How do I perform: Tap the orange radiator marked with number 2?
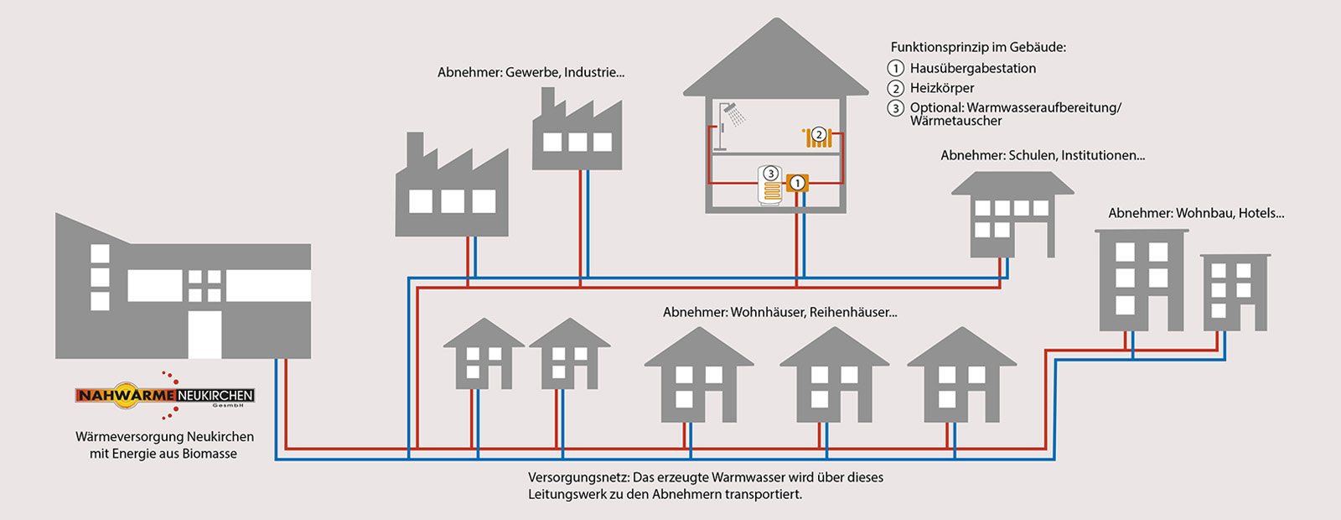point(818,138)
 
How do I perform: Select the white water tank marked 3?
point(771,185)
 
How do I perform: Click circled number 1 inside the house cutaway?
point(798,182)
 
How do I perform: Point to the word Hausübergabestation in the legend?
point(972,69)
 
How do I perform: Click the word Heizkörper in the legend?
point(942,88)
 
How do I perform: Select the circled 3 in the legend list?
point(896,108)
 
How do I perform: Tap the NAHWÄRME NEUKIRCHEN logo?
point(165,395)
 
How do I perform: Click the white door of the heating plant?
point(205,334)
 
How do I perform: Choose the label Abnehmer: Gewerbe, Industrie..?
point(531,73)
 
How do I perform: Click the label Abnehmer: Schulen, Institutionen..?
point(1042,155)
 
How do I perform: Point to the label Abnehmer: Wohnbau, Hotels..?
point(1195,213)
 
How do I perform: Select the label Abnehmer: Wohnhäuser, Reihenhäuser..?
point(779,312)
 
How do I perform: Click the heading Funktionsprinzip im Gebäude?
point(978,48)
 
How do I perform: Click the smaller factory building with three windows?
point(577,134)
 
